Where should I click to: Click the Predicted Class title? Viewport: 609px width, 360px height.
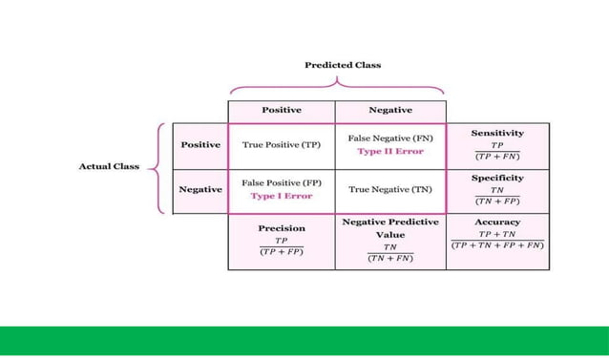click(343, 65)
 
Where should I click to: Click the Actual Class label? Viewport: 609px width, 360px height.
click(108, 166)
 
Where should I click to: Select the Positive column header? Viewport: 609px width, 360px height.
click(282, 110)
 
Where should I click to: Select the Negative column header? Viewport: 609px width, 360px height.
click(389, 110)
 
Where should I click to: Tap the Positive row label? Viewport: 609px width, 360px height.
click(200, 144)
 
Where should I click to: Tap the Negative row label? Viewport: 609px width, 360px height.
click(200, 189)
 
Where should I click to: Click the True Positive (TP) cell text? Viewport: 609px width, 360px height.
click(281, 144)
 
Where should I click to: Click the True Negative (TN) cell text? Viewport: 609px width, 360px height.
click(389, 189)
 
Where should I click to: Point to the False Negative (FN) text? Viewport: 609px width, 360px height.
click(389, 138)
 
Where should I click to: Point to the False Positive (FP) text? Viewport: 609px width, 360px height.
click(281, 182)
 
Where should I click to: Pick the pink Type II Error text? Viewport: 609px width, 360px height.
click(389, 151)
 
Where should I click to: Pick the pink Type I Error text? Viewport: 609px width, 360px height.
click(281, 196)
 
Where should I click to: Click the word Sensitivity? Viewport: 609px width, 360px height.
click(497, 133)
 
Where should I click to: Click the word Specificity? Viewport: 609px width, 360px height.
click(497, 178)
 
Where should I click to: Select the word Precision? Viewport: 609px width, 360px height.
click(282, 228)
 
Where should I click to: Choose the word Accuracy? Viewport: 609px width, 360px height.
click(497, 222)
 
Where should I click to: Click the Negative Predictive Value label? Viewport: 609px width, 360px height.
click(389, 227)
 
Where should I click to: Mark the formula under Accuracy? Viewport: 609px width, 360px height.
click(497, 239)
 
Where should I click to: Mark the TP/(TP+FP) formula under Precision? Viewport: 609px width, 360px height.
click(282, 246)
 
